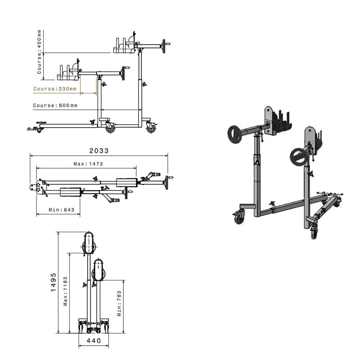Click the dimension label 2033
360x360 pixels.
[x=99, y=151]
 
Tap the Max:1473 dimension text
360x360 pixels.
[x=88, y=164]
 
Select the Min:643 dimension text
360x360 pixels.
[x=61, y=210]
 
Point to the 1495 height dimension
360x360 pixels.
[x=53, y=282]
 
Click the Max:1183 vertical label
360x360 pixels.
[x=65, y=291]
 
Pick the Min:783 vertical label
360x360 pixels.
[x=119, y=303]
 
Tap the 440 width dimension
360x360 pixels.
[x=94, y=341]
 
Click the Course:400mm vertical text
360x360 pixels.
[x=39, y=52]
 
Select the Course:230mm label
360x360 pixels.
[x=55, y=89]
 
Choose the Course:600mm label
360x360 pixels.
[x=55, y=105]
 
